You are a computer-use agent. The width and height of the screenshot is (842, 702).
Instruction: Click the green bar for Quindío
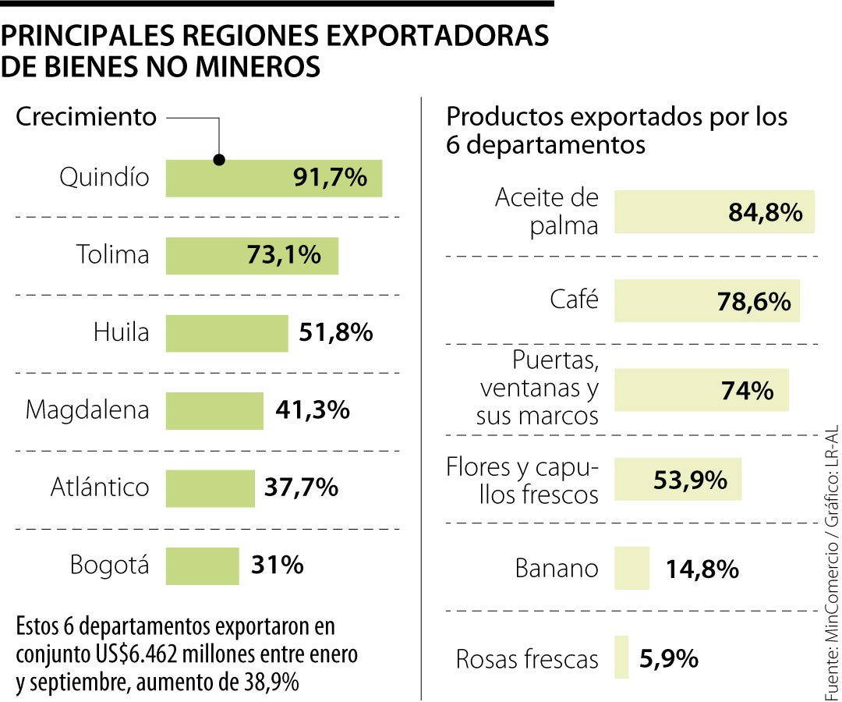pos(234,178)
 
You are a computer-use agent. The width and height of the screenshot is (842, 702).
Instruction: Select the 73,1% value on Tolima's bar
pos(284,255)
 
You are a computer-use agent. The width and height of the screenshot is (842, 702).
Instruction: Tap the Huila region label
pos(121,333)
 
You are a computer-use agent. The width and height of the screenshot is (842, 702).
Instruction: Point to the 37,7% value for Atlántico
pos(301,487)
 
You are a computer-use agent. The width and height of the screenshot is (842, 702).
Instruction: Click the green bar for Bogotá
pos(202,565)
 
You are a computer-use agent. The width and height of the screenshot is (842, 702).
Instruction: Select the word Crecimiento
pos(87,117)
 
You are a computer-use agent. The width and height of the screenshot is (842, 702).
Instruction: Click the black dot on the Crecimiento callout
pos(219,160)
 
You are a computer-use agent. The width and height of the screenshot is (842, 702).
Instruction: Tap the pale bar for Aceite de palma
pos(670,211)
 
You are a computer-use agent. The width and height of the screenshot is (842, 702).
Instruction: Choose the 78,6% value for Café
pos(753,301)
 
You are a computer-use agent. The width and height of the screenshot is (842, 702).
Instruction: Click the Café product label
pos(574,300)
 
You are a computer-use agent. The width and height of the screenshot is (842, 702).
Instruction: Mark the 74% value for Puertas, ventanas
pos(748,390)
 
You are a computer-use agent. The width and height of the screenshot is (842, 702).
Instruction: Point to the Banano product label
pos(557,568)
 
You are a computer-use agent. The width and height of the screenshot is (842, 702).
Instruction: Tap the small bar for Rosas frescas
pos(621,658)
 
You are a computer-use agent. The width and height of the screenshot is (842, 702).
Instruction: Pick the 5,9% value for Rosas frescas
pos(668,659)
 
